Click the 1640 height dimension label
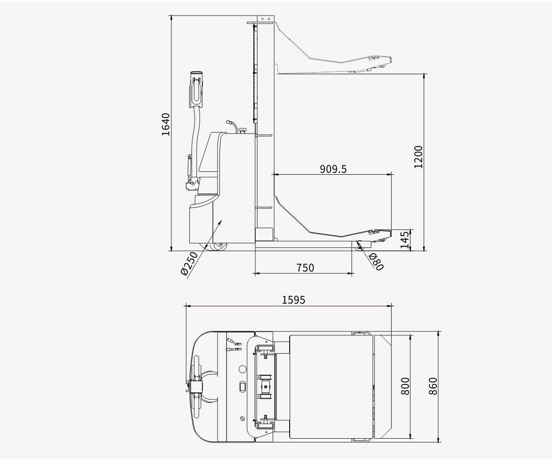point(166,124)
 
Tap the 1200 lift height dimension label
point(418,157)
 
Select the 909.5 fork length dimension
point(333,169)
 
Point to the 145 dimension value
point(405,239)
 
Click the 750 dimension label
point(305,268)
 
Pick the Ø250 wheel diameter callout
point(189,263)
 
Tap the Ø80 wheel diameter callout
point(376,262)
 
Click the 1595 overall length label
point(293,300)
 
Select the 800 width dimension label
point(405,386)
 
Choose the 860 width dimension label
point(433,386)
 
